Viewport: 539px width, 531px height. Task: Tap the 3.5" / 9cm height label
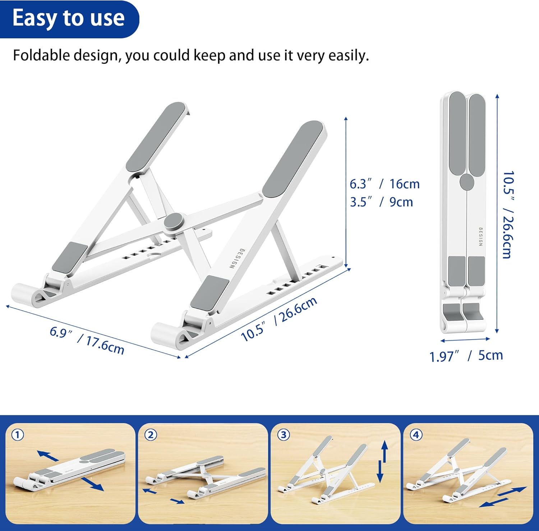(x=382, y=202)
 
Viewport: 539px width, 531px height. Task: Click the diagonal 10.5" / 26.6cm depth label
(x=279, y=319)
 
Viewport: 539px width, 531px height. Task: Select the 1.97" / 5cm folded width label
(x=466, y=355)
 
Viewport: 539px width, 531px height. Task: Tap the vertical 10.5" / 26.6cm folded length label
(x=508, y=215)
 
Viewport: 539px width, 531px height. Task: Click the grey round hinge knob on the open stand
(x=173, y=222)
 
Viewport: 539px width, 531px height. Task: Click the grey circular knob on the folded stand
(x=467, y=182)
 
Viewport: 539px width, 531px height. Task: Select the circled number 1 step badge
(x=18, y=435)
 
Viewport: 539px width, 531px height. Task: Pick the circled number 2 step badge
(x=151, y=435)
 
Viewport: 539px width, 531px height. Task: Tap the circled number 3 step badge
(x=284, y=435)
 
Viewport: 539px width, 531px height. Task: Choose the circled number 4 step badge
(x=416, y=435)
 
